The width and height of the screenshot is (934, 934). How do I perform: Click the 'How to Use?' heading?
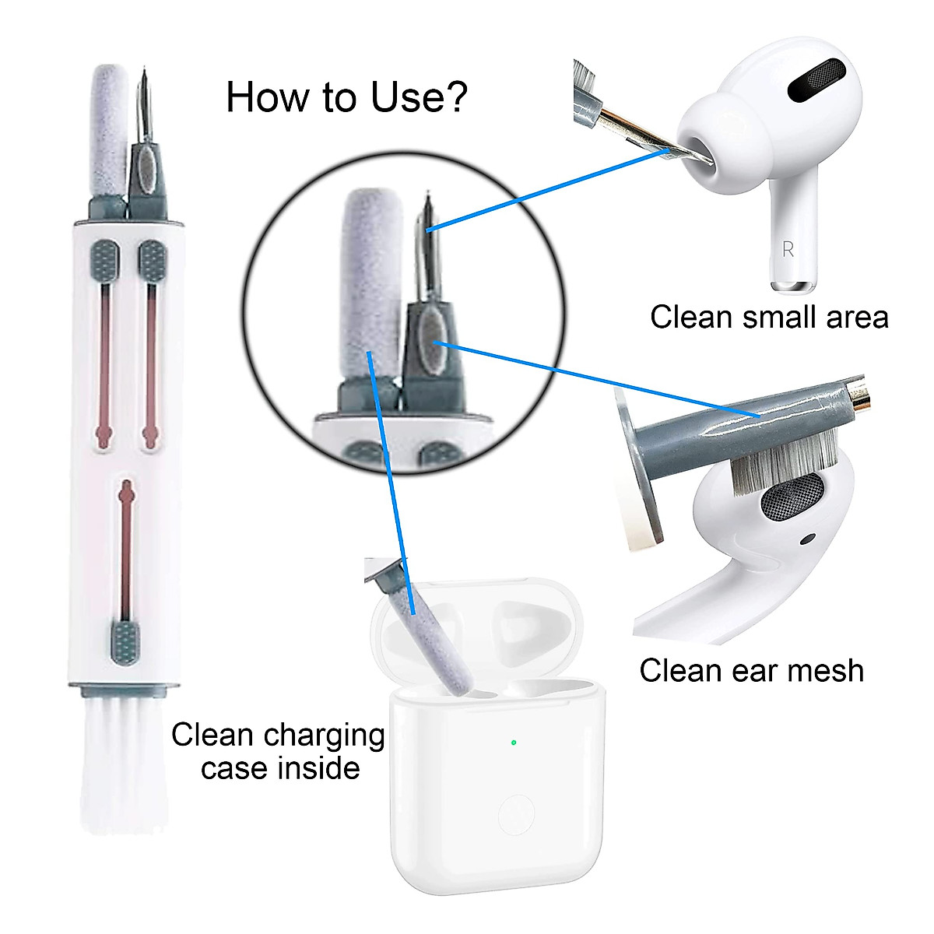[x=346, y=97]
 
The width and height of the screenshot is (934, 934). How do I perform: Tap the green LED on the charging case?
[x=514, y=742]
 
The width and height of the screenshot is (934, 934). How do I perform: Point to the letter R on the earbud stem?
[x=788, y=249]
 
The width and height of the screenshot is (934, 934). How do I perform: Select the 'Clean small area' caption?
[x=769, y=318]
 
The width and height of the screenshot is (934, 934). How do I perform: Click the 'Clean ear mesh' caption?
[x=751, y=670]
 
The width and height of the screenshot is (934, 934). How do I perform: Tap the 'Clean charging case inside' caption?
[x=279, y=751]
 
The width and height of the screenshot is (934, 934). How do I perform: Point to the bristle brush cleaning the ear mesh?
[x=786, y=463]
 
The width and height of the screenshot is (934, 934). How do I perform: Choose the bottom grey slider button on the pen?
[x=125, y=642]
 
